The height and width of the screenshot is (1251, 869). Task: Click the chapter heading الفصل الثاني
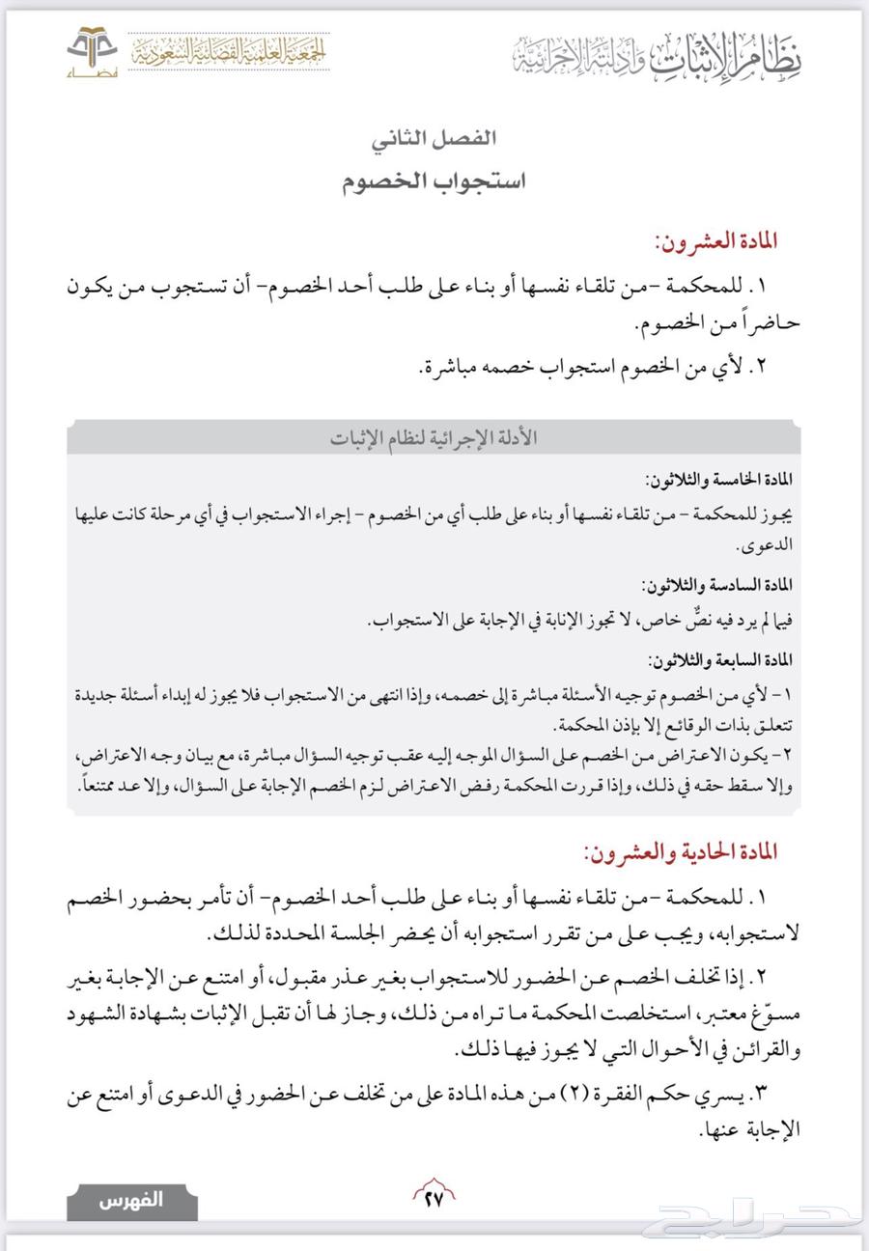pos(434,138)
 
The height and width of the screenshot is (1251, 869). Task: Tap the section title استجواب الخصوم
pos(434,181)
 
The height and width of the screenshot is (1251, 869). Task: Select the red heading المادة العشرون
pos(715,240)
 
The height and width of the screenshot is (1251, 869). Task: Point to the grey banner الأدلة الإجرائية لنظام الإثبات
pos(434,438)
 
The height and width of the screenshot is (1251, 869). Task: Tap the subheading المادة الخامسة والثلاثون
pos(718,480)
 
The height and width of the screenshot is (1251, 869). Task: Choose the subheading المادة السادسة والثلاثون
pos(717,585)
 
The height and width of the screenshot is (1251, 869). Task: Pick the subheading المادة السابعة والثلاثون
pos(719,661)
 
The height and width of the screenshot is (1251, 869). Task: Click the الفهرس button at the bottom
pos(132,1201)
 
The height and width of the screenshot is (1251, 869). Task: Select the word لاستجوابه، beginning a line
pos(756,934)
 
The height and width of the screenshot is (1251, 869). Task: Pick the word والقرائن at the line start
pos(762,1050)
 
